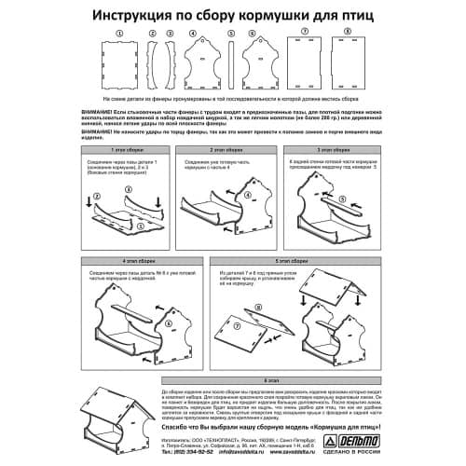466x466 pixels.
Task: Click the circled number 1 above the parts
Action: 117,31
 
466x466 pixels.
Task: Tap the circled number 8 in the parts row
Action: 348,31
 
